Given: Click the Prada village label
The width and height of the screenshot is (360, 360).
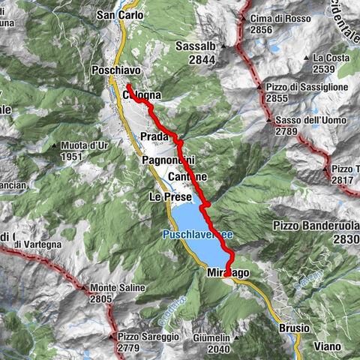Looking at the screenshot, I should tap(154, 136).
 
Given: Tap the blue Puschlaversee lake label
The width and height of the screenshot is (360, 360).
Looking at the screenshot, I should tap(198, 235).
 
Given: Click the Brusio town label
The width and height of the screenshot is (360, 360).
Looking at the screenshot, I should tap(293, 328).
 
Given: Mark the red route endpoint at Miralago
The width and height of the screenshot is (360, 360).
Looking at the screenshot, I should tap(227, 274).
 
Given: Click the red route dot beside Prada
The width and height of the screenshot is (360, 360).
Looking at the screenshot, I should tap(180, 142).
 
